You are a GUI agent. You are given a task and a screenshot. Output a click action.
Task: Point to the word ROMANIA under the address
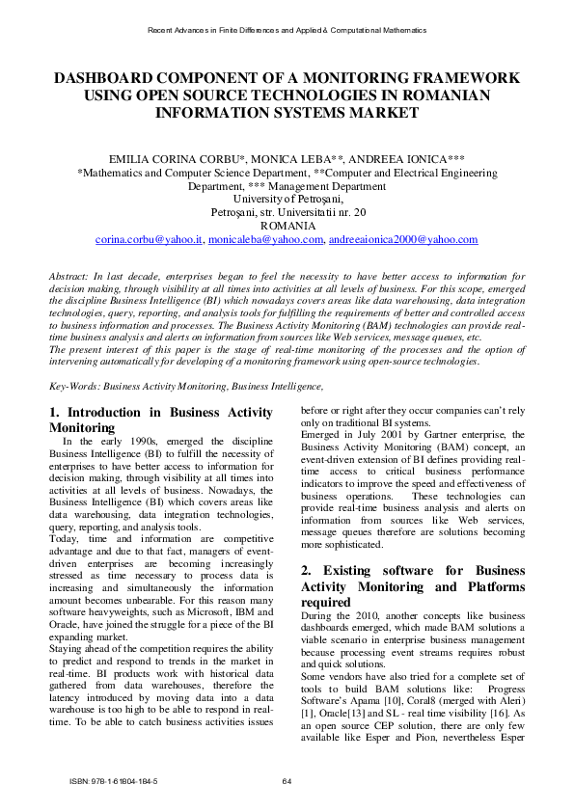287,226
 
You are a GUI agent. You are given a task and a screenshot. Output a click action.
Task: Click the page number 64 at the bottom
287,781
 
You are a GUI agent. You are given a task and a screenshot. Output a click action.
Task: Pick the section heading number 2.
306,570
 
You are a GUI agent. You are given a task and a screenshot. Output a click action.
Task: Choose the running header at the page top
287,32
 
